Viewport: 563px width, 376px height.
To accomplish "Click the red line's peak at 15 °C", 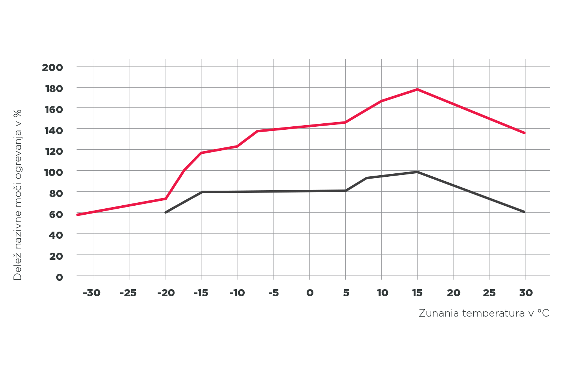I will (x=417, y=89).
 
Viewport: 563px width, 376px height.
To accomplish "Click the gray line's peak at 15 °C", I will (x=417, y=172).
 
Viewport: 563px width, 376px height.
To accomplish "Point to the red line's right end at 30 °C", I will (x=525, y=133).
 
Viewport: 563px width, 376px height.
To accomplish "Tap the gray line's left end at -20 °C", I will (x=166, y=212).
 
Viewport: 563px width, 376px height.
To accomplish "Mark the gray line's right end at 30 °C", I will (x=525, y=212).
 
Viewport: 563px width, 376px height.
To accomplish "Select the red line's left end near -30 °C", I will (x=77, y=215).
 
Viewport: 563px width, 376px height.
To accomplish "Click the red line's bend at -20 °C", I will (x=166, y=199).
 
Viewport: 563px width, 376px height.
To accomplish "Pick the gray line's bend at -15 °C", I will (x=202, y=192).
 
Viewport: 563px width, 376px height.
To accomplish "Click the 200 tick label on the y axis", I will (x=52, y=68).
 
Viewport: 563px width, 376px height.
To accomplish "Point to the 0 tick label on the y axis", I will (x=59, y=277).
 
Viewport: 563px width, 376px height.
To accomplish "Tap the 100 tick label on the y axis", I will (x=52, y=172).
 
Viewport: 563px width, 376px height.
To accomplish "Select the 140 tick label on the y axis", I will (x=52, y=130).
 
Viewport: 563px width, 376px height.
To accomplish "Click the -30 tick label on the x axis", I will (x=92, y=293).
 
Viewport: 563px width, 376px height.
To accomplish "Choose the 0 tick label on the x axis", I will (x=310, y=293).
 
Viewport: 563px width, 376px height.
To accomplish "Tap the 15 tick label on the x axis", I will (x=417, y=293).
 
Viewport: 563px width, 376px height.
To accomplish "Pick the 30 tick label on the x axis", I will (x=526, y=293).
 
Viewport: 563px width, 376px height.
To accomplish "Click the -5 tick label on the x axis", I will (x=274, y=293).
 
